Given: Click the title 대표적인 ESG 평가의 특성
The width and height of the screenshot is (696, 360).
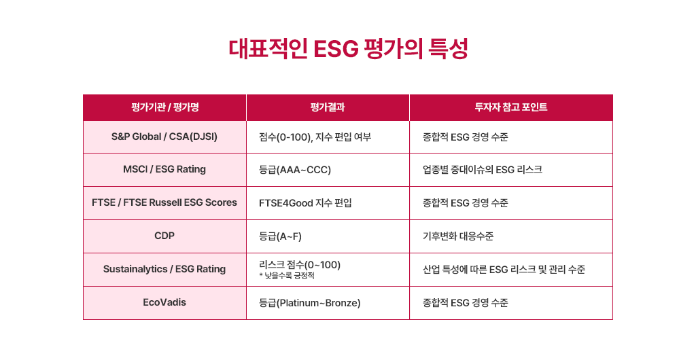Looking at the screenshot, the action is (349, 49).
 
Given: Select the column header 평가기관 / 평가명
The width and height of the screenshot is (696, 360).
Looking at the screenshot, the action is (164, 107).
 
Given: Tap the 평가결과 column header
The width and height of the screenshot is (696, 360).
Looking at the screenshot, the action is (328, 107).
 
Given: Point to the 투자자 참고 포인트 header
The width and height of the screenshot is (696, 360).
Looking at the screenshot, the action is (511, 107).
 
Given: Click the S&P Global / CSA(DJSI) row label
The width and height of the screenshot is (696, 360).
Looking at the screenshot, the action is (164, 137).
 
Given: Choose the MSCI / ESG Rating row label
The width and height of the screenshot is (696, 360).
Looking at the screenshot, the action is (164, 169).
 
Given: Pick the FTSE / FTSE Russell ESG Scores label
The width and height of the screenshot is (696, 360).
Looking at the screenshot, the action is (164, 202).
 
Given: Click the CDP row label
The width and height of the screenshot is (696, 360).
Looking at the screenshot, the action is (164, 236).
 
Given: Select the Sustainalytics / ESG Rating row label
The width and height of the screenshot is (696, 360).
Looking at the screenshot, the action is (164, 269).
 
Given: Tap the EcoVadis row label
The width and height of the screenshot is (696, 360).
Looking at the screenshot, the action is (164, 302).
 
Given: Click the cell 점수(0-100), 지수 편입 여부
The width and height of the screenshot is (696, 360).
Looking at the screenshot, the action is (315, 137).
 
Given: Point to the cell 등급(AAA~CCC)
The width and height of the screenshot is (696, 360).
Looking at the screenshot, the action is (295, 170).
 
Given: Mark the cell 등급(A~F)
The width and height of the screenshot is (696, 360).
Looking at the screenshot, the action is (280, 237).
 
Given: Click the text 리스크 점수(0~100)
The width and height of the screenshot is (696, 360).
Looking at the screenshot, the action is (300, 265).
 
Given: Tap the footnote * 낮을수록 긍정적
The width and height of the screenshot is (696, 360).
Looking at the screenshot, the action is (287, 276).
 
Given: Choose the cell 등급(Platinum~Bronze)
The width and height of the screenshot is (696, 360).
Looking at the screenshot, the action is (309, 303).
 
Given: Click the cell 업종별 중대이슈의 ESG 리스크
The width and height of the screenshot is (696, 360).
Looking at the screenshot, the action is (483, 170).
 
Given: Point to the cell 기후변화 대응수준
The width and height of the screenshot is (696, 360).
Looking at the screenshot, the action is (458, 236).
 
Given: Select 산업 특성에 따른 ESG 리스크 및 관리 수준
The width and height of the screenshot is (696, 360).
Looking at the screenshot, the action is (504, 270).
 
